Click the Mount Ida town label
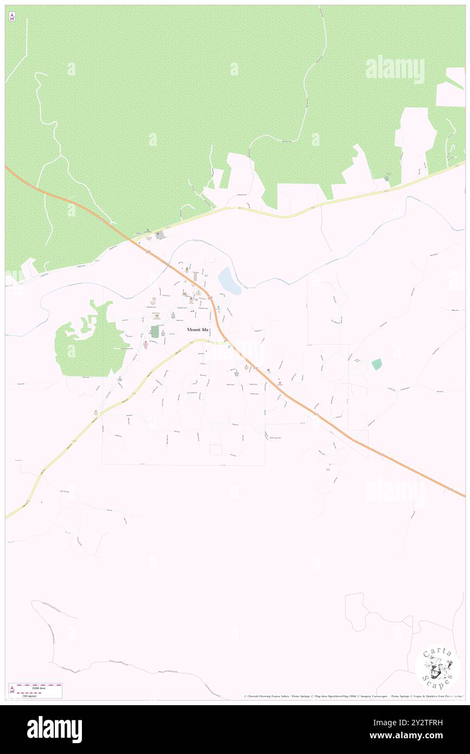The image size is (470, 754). point(198,329)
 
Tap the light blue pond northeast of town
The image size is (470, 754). point(229,281)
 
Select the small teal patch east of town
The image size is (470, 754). point(377,365)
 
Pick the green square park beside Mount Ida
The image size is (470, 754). point(155,331)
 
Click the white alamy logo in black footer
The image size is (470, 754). point(54,729)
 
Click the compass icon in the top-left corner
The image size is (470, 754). point(12,17)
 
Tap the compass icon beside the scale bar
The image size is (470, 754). point(12,690)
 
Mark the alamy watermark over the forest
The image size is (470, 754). point(395,69)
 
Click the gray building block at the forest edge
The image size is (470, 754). point(159,235)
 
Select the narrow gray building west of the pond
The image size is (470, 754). point(195,277)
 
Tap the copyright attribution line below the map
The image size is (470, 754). point(353,696)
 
